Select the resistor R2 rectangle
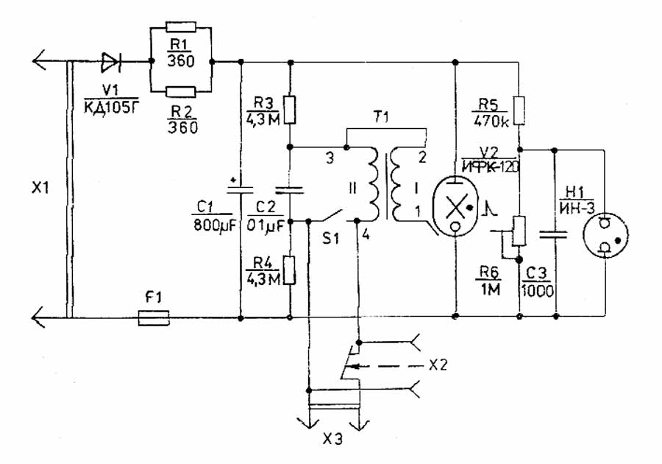pos(180,91)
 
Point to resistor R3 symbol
pos(290,110)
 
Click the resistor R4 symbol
pos(290,270)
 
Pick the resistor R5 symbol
pos(519,110)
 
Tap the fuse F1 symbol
pos(154,318)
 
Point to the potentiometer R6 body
pos(519,231)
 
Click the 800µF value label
pos(213,225)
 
